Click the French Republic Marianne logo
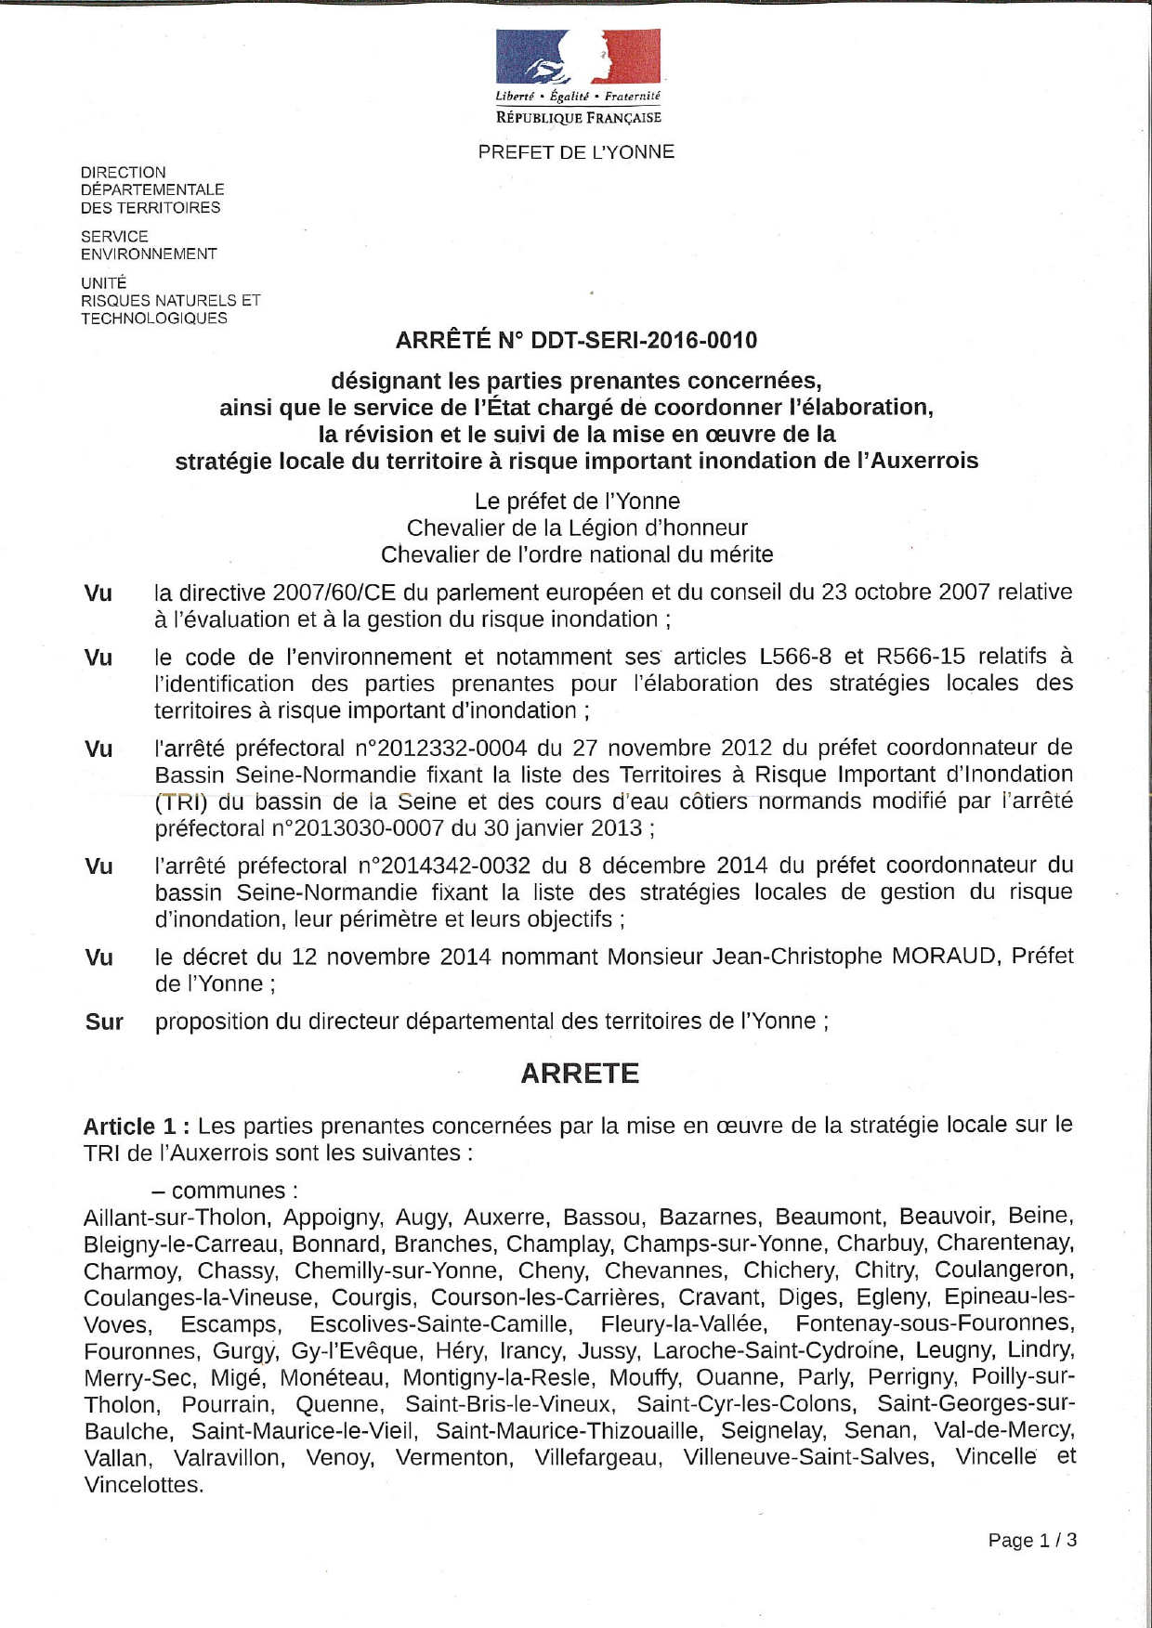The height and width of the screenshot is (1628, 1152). tap(578, 57)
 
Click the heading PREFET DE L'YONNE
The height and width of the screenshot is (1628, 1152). tap(576, 152)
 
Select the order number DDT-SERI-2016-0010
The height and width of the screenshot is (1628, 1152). tap(643, 341)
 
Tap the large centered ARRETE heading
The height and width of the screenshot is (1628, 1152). tap(580, 1074)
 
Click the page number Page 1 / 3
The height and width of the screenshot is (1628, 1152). tap(1032, 1541)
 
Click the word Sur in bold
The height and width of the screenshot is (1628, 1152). tap(104, 1022)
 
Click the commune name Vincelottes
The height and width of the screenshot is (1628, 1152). tap(143, 1485)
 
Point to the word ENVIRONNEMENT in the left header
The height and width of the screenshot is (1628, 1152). tap(149, 254)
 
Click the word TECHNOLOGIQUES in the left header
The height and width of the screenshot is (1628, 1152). tap(154, 319)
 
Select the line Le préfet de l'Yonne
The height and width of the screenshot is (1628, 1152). tap(577, 501)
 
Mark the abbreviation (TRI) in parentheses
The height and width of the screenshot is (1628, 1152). tap(181, 801)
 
